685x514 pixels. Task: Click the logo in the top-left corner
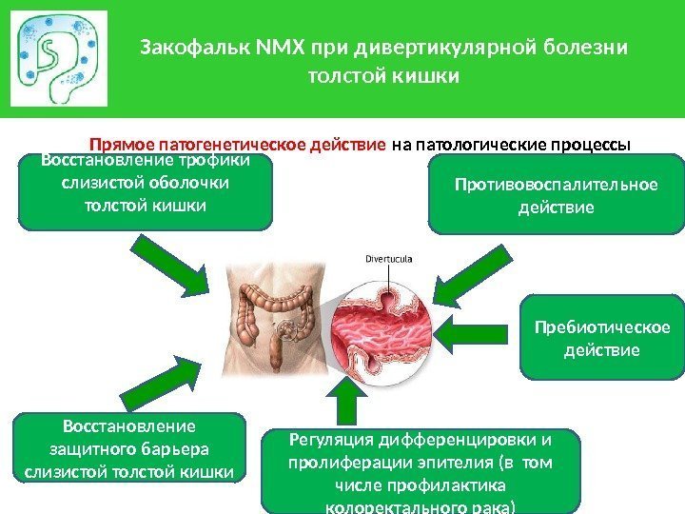click(58, 58)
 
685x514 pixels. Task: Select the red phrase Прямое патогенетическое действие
click(237, 146)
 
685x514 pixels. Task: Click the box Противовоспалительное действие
click(555, 194)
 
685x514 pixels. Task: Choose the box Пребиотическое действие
click(601, 339)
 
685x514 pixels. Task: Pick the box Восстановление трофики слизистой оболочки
click(145, 193)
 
